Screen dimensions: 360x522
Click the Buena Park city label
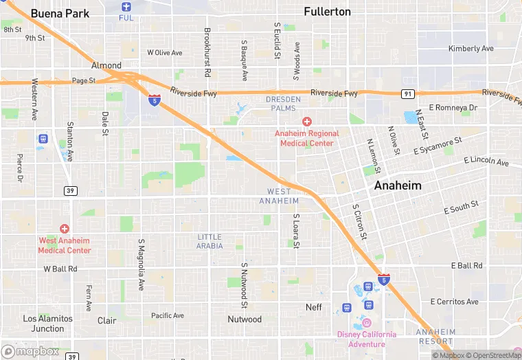click(60, 13)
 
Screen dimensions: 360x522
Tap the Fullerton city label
click(327, 12)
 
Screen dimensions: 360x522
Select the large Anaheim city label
click(398, 185)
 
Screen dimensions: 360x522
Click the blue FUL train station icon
click(126, 7)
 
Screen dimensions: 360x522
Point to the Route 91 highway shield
click(409, 93)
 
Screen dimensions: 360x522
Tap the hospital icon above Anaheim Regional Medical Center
click(306, 121)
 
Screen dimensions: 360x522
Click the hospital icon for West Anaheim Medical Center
click(65, 228)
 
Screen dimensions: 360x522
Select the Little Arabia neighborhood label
click(209, 241)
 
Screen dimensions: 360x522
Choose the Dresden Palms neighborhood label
click(283, 104)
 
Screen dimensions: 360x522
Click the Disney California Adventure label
click(366, 339)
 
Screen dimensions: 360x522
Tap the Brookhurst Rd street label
click(207, 52)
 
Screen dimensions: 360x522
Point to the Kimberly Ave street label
click(470, 49)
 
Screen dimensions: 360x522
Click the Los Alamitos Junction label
click(47, 323)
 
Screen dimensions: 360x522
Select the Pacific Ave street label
click(168, 315)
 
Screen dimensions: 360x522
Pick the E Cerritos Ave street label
click(454, 302)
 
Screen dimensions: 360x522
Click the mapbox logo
click(30, 351)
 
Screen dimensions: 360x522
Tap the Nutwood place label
click(245, 319)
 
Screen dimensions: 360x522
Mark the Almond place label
click(106, 65)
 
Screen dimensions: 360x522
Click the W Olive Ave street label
click(165, 52)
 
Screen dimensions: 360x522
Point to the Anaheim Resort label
click(435, 336)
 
